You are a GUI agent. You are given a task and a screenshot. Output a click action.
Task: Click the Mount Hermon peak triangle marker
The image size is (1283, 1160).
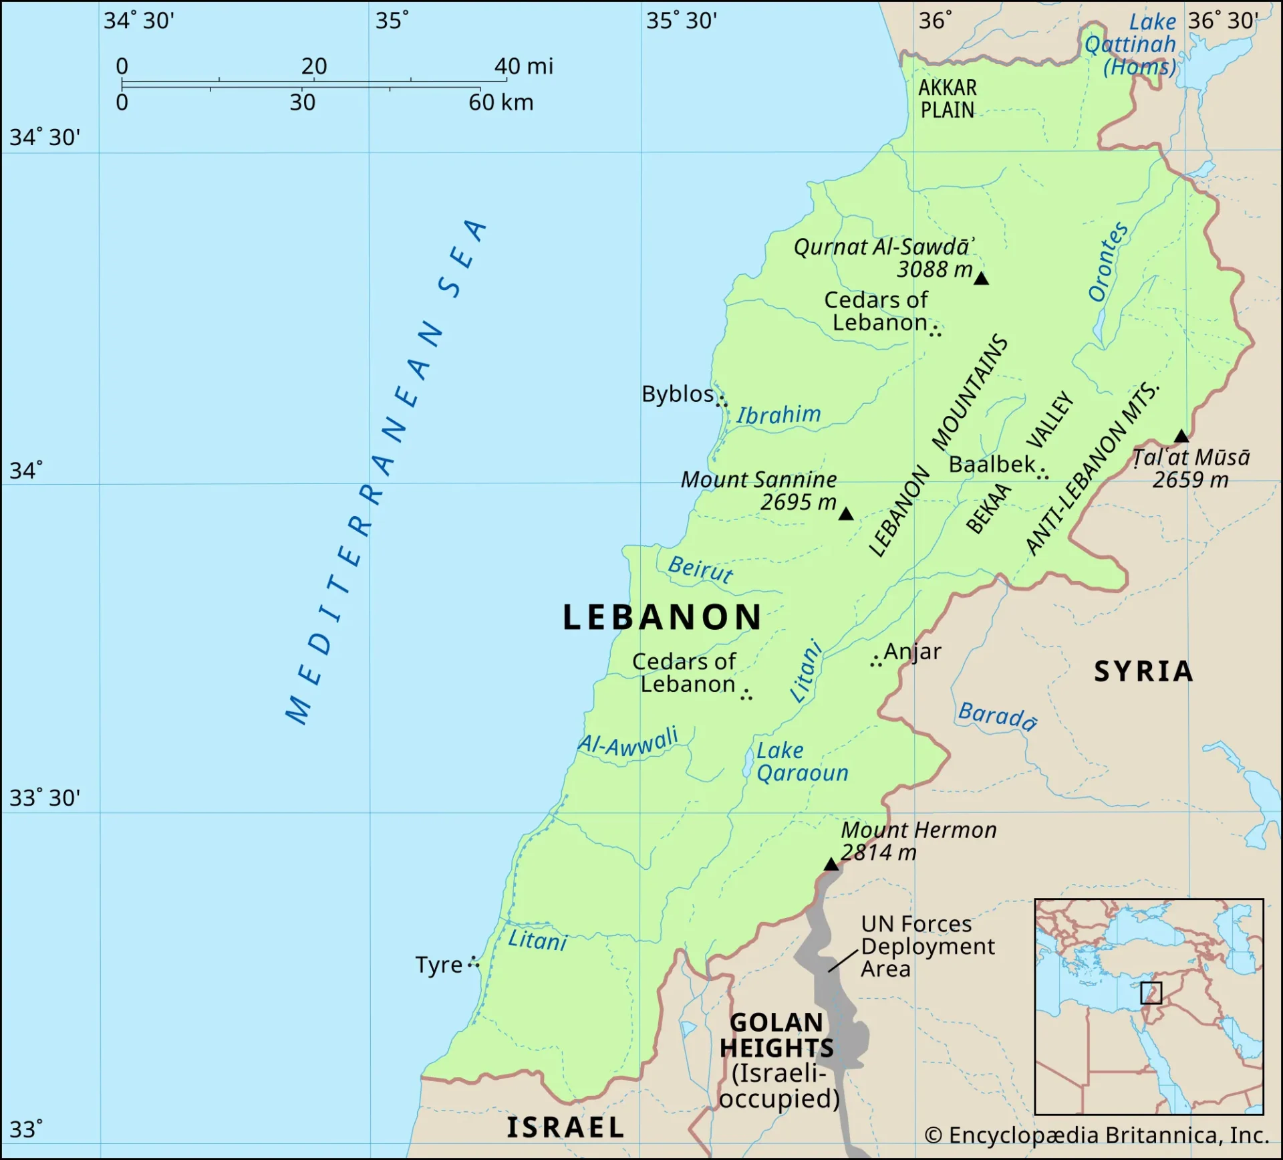(831, 864)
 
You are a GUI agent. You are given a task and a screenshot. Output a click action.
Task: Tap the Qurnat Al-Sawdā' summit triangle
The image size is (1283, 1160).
(981, 279)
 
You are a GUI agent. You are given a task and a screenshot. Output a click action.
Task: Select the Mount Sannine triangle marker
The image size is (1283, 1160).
(846, 514)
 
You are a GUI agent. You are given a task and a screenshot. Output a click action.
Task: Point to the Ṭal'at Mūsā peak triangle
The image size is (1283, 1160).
(1181, 437)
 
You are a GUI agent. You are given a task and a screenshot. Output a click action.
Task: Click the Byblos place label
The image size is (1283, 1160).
(678, 394)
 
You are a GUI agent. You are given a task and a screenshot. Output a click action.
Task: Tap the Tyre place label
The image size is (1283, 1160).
(438, 965)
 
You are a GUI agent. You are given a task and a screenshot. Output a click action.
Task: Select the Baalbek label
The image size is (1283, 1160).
(992, 464)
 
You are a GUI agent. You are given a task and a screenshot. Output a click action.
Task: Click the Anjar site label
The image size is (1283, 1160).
(912, 651)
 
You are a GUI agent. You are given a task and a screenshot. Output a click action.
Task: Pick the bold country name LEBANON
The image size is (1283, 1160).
(662, 617)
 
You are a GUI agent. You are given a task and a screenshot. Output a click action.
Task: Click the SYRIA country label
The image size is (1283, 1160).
(1143, 671)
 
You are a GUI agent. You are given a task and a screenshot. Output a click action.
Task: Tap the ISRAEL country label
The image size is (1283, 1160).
(565, 1127)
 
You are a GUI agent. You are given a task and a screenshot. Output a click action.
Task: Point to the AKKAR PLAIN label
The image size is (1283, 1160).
(948, 99)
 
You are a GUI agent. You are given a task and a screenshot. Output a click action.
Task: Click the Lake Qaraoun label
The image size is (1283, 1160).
(802, 762)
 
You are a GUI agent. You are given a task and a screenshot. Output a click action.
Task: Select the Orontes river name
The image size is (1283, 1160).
(1108, 262)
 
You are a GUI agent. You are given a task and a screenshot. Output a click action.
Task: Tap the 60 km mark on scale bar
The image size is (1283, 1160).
(501, 103)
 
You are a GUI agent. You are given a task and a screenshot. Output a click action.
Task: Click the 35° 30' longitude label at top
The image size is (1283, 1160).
(681, 21)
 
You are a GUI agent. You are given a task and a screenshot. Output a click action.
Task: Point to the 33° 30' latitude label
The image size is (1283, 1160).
(44, 798)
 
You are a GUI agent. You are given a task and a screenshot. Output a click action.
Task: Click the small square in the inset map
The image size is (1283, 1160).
(1151, 993)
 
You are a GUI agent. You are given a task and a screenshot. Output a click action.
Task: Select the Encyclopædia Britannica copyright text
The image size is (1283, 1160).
(1096, 1135)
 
